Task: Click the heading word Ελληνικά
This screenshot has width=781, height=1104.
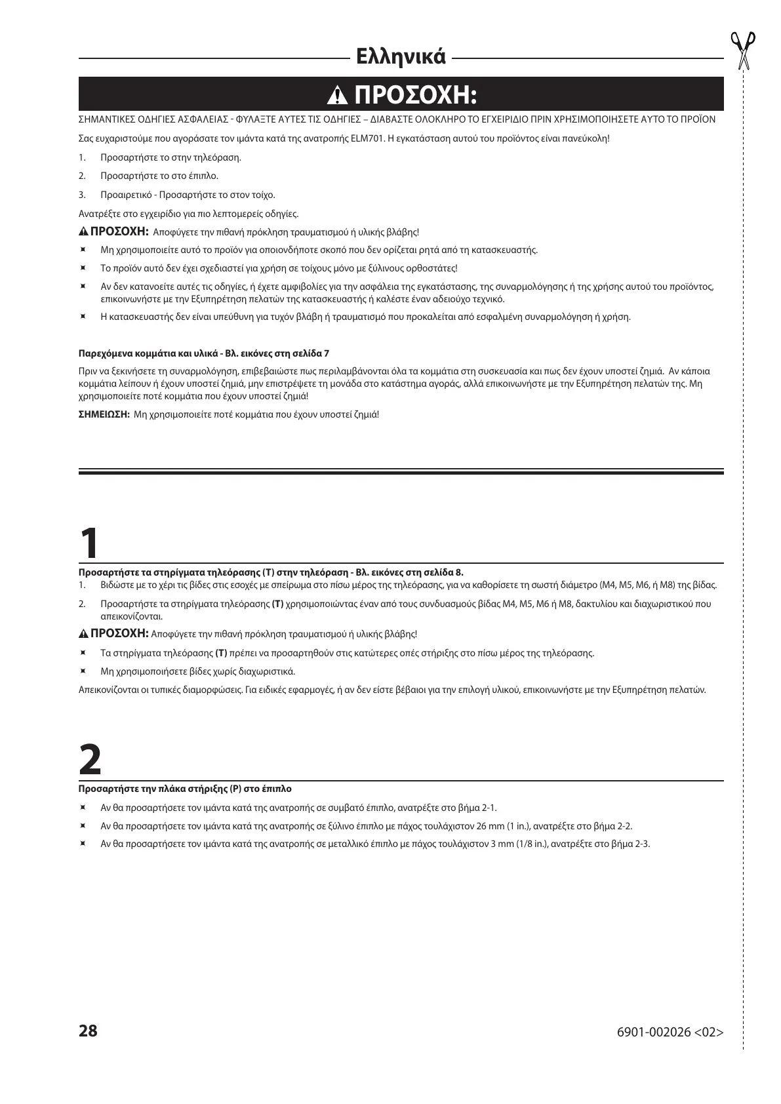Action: tap(400, 57)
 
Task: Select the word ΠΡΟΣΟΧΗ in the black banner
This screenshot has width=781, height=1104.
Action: tap(414, 96)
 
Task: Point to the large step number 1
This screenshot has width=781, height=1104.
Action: tap(90, 543)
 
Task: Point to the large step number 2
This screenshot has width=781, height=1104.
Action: tap(90, 760)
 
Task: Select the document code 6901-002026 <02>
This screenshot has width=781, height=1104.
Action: tap(670, 1032)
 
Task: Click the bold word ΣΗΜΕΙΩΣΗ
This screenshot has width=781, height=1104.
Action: tap(104, 415)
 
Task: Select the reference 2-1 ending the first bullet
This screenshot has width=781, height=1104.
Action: tap(489, 808)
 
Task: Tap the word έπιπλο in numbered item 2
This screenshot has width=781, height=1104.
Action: tap(205, 176)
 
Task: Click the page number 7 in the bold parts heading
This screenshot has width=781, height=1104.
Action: tap(327, 354)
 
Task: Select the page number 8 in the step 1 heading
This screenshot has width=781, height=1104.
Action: tap(459, 572)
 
